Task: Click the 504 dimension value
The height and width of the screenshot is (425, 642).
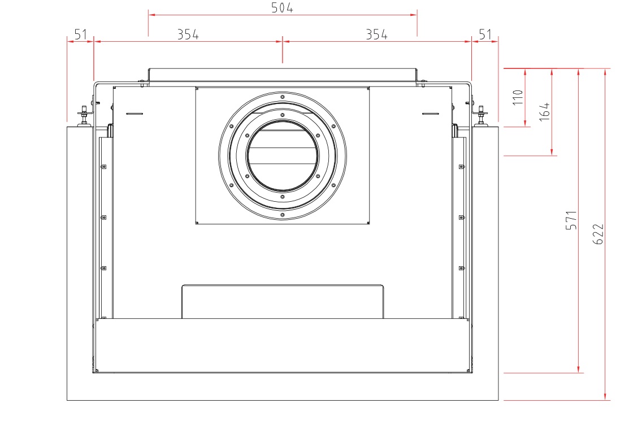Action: click(282, 8)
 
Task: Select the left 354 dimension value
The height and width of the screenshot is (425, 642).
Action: click(188, 34)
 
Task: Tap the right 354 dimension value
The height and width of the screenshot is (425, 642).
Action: click(377, 34)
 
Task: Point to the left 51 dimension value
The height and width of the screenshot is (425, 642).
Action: click(80, 34)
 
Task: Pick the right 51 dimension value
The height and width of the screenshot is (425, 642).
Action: click(485, 34)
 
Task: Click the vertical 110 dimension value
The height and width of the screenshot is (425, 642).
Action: click(518, 97)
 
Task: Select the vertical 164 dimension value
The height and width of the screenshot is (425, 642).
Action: click(545, 111)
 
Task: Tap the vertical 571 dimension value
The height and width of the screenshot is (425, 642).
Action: click(571, 220)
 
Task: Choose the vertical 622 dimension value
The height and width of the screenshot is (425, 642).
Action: click(598, 234)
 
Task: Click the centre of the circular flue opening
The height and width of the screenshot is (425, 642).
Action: click(283, 156)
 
